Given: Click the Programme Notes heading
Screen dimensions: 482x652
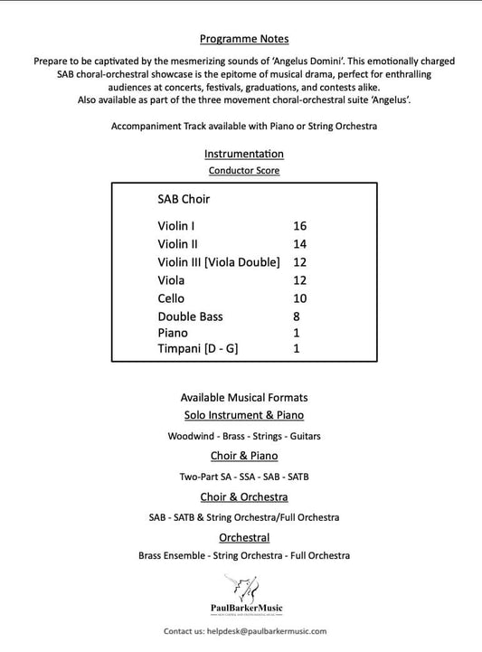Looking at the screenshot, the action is point(244,40).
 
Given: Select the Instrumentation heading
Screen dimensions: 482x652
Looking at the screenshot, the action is point(244,154).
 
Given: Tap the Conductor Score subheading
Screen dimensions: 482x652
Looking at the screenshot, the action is point(244,170).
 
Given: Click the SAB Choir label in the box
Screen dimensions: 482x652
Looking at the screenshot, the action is point(184,199).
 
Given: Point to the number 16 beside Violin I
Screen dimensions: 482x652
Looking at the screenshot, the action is point(300,225).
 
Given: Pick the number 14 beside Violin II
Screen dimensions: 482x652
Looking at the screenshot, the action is point(300,243).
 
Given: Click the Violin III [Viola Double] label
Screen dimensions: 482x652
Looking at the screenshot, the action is point(219,261).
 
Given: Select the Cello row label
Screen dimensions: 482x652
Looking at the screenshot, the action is point(171,298).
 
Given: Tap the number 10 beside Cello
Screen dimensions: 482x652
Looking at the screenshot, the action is point(300,298).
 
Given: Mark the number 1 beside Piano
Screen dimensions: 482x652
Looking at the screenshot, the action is point(297,333).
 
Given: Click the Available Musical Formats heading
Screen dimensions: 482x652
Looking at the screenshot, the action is point(244,398).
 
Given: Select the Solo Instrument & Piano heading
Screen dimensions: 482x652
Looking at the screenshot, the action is point(244,415).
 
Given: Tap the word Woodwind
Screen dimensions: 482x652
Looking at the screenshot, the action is point(192,436).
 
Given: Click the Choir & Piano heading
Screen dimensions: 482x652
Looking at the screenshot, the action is point(244,456).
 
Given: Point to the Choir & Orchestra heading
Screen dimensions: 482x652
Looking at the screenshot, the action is point(244,496).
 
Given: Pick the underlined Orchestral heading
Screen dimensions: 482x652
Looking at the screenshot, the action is point(244,537).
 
